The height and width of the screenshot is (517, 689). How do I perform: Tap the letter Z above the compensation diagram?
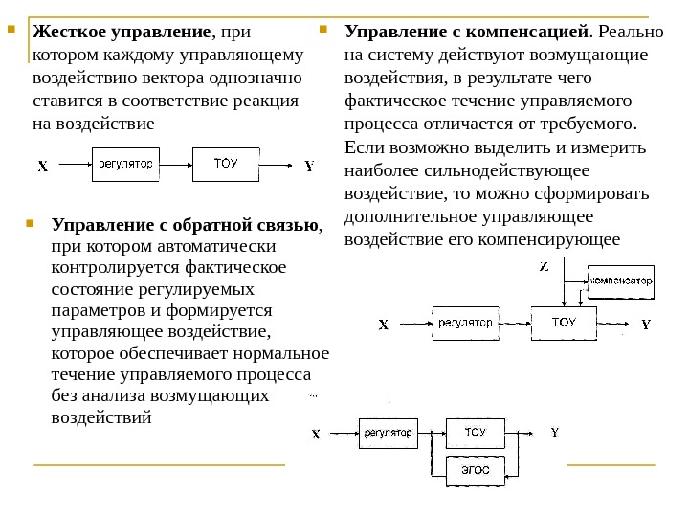545,266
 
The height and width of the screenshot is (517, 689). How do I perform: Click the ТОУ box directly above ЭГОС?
475,432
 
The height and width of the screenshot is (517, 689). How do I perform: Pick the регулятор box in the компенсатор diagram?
466,322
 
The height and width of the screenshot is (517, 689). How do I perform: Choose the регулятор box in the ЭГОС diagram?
390,433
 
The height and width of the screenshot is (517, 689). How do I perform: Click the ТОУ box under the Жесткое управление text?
226,163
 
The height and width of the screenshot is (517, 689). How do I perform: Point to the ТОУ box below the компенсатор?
565,322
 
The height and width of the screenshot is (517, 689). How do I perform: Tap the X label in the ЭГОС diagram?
316,434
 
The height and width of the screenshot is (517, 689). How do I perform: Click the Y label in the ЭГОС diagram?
554,432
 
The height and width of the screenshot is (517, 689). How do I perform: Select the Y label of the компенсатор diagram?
645,325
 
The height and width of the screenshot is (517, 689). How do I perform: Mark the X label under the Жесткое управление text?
42,167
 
